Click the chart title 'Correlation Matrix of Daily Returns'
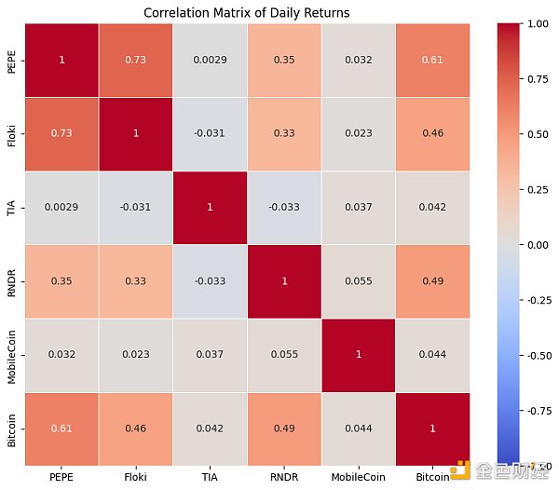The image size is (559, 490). click(247, 12)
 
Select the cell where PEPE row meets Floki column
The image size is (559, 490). click(135, 61)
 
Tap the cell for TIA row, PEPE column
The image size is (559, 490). click(61, 208)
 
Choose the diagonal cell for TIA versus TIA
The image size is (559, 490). click(210, 208)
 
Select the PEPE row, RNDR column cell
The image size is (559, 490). click(284, 61)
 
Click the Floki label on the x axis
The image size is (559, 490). click(135, 476)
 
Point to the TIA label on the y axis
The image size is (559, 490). click(11, 208)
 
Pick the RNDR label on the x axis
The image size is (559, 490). click(284, 476)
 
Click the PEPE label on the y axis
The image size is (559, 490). click(11, 61)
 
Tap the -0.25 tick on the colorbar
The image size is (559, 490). click(539, 300)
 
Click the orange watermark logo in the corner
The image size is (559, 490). click(459, 471)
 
